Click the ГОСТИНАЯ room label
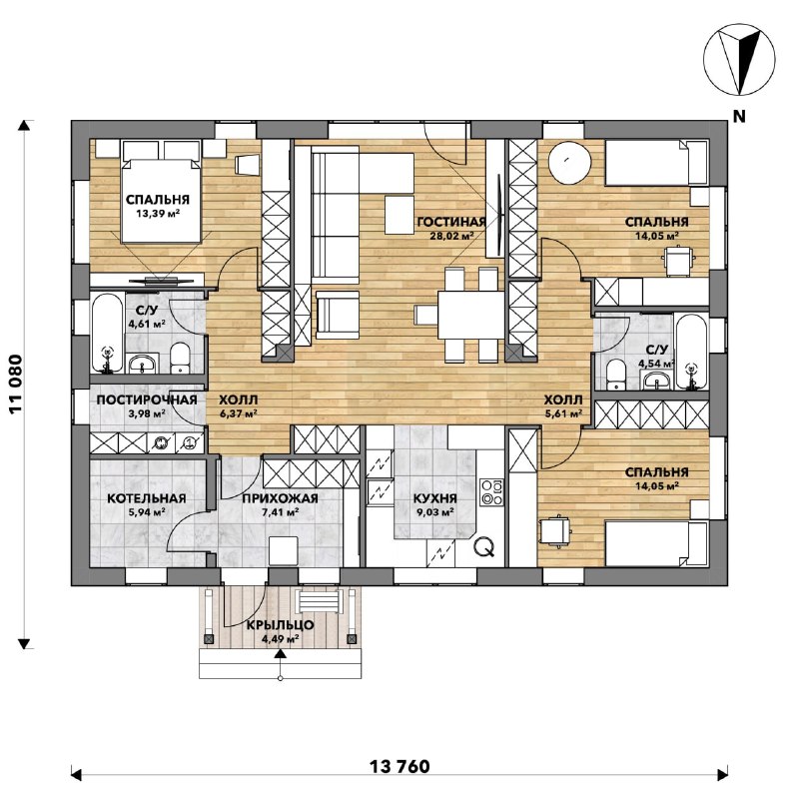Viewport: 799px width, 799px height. tap(451, 222)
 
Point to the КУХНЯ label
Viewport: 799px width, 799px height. tap(435, 498)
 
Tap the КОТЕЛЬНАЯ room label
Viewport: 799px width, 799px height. tap(147, 498)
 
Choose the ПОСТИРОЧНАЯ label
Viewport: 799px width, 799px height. tap(147, 399)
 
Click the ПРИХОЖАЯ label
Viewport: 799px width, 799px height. tap(280, 498)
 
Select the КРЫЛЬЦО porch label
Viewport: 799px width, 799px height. tap(280, 625)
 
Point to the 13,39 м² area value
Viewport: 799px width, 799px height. tap(158, 213)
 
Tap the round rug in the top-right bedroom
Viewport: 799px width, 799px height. tap(569, 162)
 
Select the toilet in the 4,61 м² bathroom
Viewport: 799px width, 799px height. tap(180, 358)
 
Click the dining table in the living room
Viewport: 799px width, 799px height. tap(470, 315)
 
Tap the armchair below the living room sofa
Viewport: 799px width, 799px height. tap(338, 315)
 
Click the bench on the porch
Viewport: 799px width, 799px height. tap(319, 601)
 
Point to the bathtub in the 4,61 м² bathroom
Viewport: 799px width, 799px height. tap(107, 333)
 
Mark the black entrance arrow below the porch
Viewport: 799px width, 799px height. tap(280, 654)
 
